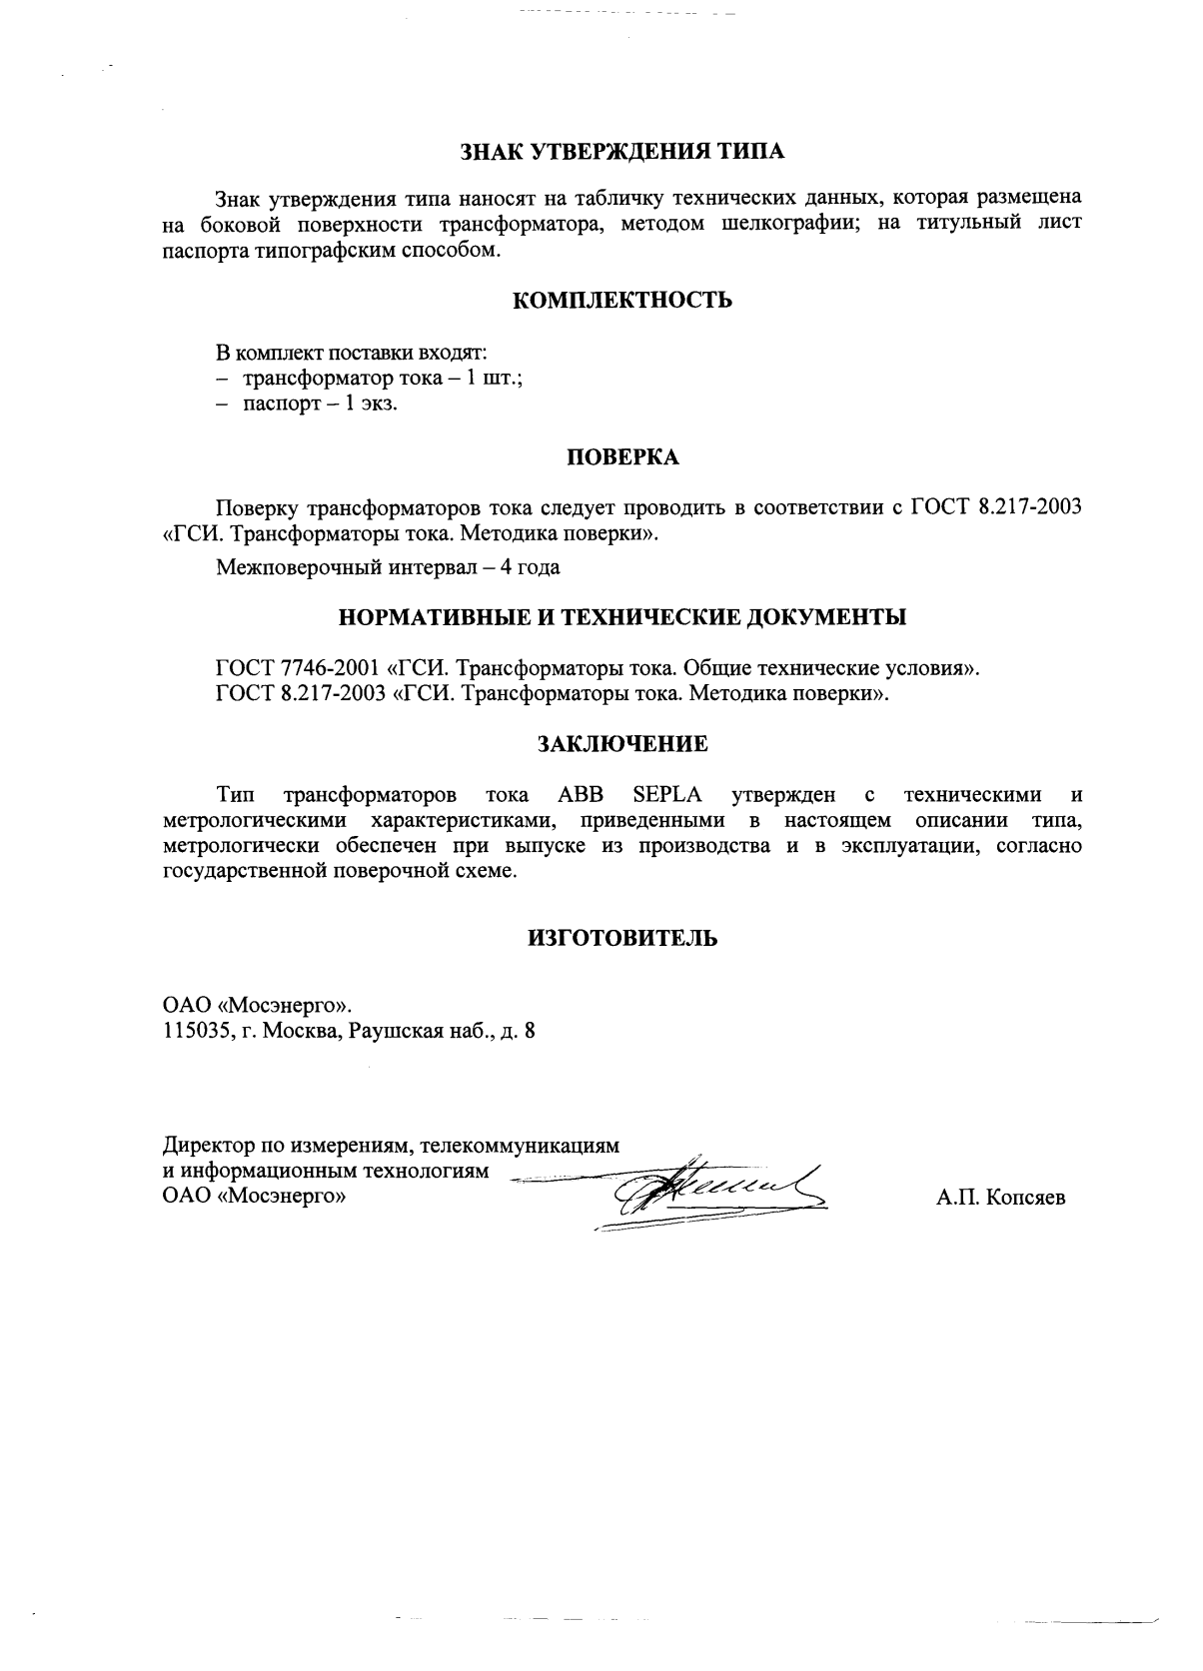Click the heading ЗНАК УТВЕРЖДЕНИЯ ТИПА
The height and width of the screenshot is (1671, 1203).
point(622,152)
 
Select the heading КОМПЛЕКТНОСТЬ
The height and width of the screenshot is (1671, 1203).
point(622,300)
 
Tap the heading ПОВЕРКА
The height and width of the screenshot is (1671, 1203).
point(622,457)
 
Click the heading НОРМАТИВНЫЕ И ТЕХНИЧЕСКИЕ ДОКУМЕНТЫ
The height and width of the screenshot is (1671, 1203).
point(622,617)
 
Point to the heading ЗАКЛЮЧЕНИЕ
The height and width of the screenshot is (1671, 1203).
point(622,744)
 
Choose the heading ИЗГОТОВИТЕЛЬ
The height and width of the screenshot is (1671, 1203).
point(622,939)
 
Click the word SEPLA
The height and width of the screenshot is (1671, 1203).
point(667,796)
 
